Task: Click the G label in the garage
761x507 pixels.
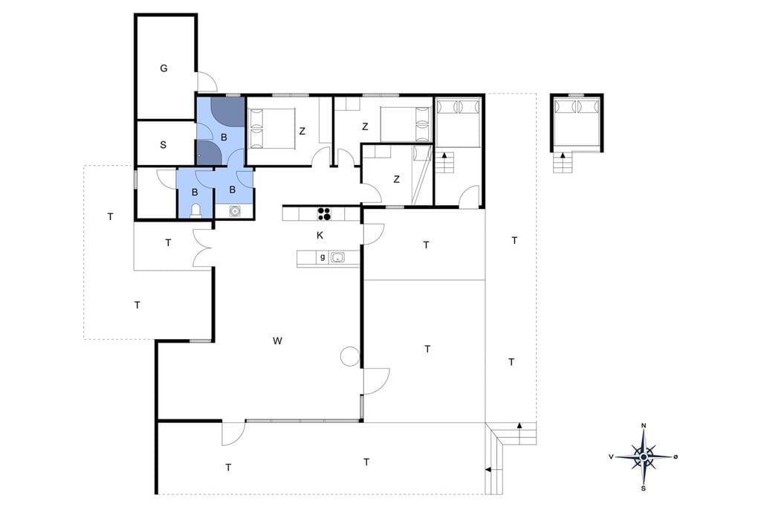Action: [x=163, y=68]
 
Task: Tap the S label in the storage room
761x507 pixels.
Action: [x=163, y=145]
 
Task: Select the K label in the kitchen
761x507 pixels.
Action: [x=320, y=236]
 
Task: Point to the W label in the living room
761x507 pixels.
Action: [x=277, y=341]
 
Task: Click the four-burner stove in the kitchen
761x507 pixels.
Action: [x=324, y=213]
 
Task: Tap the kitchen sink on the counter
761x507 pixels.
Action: [x=337, y=257]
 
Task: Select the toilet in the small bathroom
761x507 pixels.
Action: [x=195, y=210]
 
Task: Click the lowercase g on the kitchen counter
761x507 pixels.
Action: [x=323, y=257]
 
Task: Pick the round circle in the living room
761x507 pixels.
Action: [x=349, y=356]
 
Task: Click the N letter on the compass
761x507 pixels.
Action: [x=644, y=426]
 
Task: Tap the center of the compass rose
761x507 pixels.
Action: [x=644, y=457]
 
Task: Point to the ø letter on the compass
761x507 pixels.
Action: [x=676, y=456]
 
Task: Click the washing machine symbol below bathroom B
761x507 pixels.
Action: [x=235, y=211]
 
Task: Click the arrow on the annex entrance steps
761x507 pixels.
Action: [x=563, y=155]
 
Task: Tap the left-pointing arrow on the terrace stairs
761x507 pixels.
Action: [x=488, y=470]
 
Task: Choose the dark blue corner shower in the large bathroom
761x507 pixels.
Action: [x=227, y=112]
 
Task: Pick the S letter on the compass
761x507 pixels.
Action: [x=644, y=488]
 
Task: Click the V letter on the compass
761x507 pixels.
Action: [x=612, y=456]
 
